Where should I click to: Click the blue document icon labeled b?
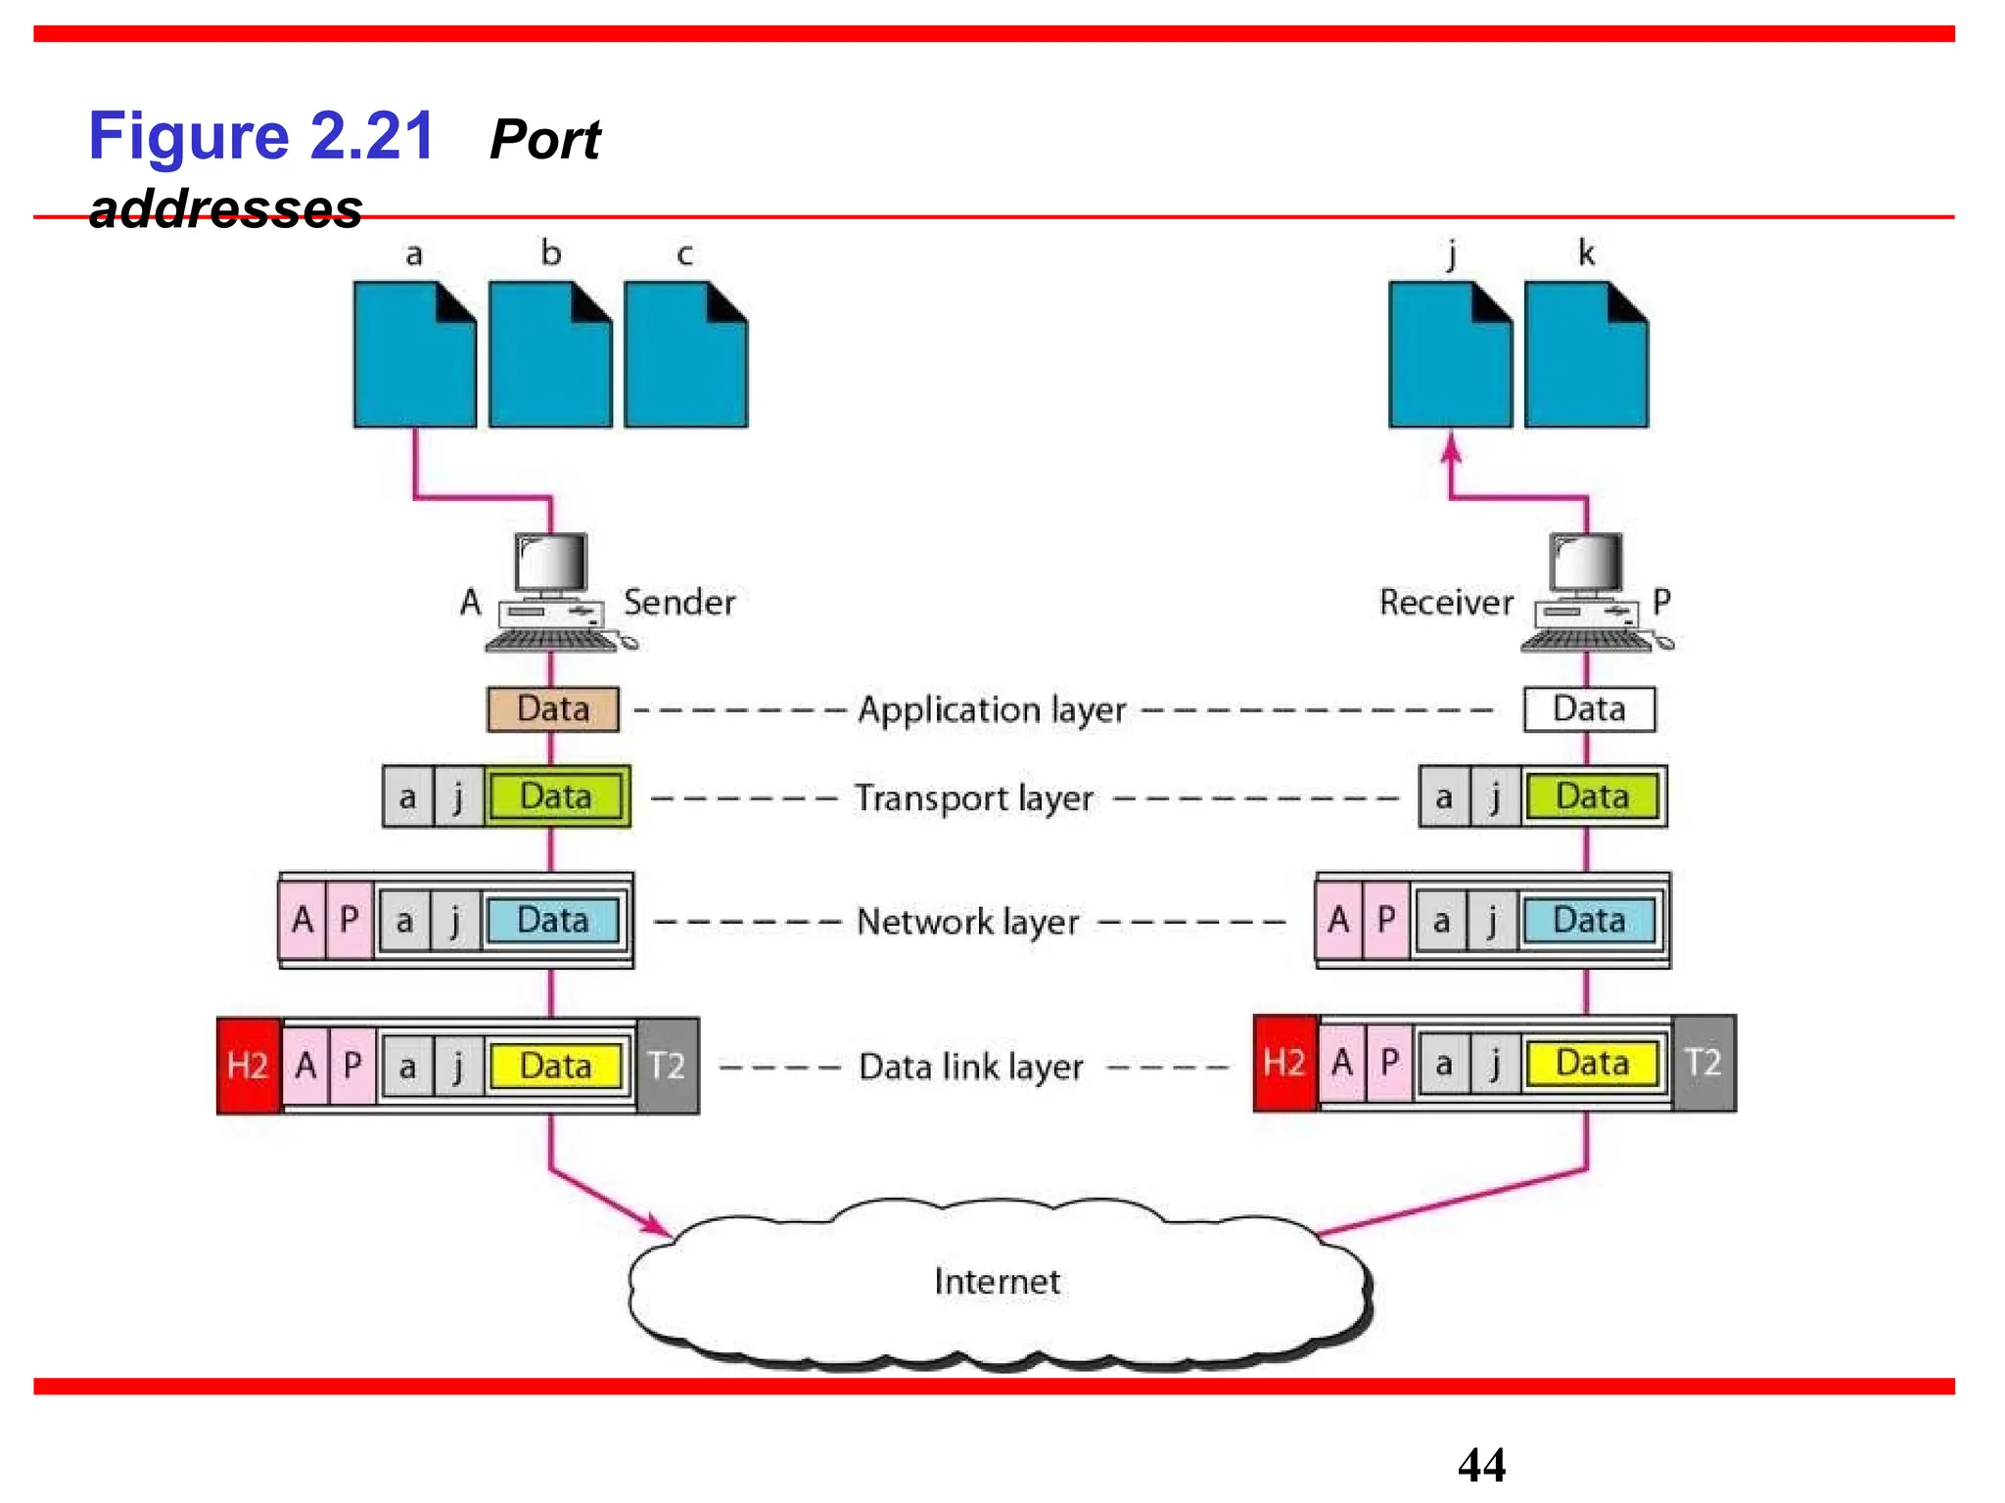pos(550,354)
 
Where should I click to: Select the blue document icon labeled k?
pos(1586,354)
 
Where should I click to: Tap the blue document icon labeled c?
pos(685,354)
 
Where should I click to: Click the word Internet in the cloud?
pos(997,1281)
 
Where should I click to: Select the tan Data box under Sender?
pos(553,708)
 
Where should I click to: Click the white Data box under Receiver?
pos(1589,708)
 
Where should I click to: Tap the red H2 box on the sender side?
pos(248,1066)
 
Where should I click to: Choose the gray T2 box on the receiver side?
pos(1703,1063)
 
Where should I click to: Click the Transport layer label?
pos(973,797)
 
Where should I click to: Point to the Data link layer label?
pos(970,1067)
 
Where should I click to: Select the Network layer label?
pos(967,922)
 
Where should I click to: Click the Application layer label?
pos(992,709)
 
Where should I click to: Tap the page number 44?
pos(1481,1465)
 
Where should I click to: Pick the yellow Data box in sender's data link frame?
pos(555,1066)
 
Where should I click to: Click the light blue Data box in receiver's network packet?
pos(1588,920)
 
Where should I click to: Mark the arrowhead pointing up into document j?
pos(1451,449)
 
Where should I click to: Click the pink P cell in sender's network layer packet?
pos(350,920)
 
